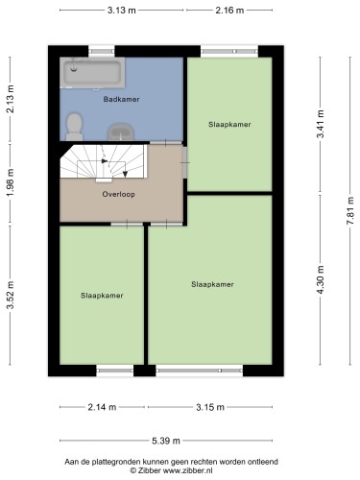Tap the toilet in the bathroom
coord(73,123)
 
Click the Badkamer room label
coord(120,99)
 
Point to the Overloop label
coord(120,193)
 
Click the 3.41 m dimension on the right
coord(321,125)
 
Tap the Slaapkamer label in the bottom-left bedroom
coord(102,296)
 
